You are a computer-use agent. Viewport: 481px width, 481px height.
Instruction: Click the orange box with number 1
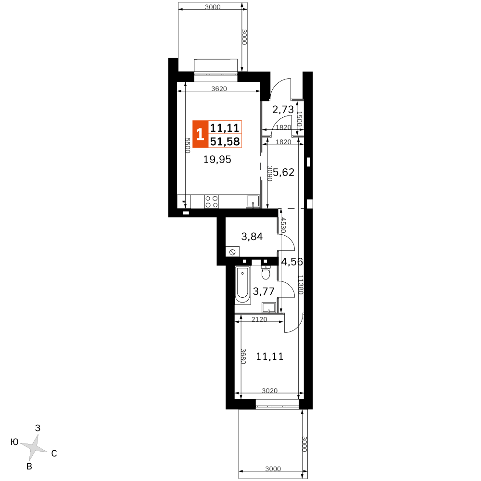pos(200,134)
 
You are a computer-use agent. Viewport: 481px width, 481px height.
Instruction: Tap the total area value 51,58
pos(225,141)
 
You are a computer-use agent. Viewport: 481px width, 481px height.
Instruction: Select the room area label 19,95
pos(217,160)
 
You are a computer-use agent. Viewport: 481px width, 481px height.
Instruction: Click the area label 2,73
pos(283,110)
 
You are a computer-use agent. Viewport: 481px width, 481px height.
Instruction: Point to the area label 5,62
pos(283,172)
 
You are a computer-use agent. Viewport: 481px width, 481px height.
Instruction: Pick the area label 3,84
pos(252,237)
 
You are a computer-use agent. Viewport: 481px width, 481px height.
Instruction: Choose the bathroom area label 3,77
pos(264,291)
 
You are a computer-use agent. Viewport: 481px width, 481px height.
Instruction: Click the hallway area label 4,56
pos(292,262)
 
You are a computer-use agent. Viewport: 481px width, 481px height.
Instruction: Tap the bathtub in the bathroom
pos(242,285)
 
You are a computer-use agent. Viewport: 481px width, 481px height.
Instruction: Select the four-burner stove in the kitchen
pos(212,202)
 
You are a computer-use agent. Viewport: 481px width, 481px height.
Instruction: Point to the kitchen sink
pos(253,202)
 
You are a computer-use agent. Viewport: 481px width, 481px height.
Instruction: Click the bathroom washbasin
pos(269,307)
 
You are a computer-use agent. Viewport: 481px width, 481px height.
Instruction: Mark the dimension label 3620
pos(219,89)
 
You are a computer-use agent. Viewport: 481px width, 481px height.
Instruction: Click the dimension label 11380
pos(300,285)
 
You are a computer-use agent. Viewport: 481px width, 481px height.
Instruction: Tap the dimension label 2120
pos(259,319)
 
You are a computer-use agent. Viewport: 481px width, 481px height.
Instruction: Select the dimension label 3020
pos(270,391)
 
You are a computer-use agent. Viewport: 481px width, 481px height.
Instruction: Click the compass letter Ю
pos(14,442)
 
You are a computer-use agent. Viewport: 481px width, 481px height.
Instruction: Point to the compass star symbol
pos(34,447)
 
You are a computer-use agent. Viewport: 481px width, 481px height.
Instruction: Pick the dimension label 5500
pos(188,145)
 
